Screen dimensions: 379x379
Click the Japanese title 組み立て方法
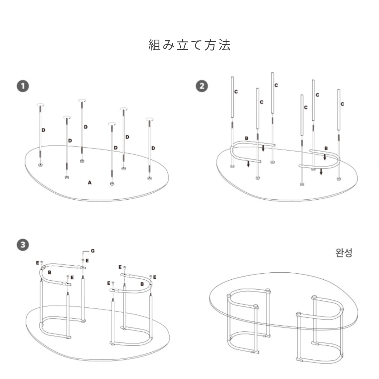(189, 45)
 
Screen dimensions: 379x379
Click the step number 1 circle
(23, 86)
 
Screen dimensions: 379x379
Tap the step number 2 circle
(202, 86)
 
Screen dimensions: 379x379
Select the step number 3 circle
(23, 245)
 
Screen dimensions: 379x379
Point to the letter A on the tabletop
(90, 182)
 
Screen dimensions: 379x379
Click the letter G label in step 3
(93, 251)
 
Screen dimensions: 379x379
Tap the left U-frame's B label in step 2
(247, 139)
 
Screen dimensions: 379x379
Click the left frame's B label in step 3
(50, 272)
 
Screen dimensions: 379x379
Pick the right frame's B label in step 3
(142, 283)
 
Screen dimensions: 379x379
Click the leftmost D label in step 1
(44, 130)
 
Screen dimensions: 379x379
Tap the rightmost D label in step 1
(153, 148)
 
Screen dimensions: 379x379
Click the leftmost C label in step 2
(236, 92)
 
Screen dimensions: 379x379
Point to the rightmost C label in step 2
(342, 104)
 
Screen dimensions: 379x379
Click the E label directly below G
(87, 260)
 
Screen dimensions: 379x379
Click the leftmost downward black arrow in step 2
(248, 164)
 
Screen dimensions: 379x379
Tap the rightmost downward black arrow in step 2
(321, 172)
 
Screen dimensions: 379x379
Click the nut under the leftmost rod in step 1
(41, 165)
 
